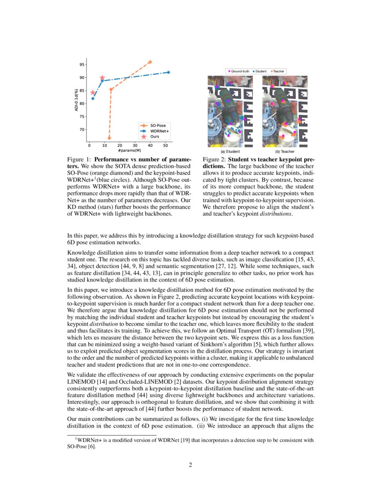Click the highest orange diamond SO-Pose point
point(150,62)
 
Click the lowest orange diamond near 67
point(109,138)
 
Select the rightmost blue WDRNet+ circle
point(169,72)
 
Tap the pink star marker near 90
point(102,78)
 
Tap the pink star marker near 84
point(93,93)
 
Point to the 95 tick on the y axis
point(82,65)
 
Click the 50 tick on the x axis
point(166,145)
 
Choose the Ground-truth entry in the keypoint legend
point(239,71)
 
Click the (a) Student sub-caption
point(229,152)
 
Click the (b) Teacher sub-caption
point(285,152)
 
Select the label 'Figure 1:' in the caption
point(79,160)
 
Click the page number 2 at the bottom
point(190,465)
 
